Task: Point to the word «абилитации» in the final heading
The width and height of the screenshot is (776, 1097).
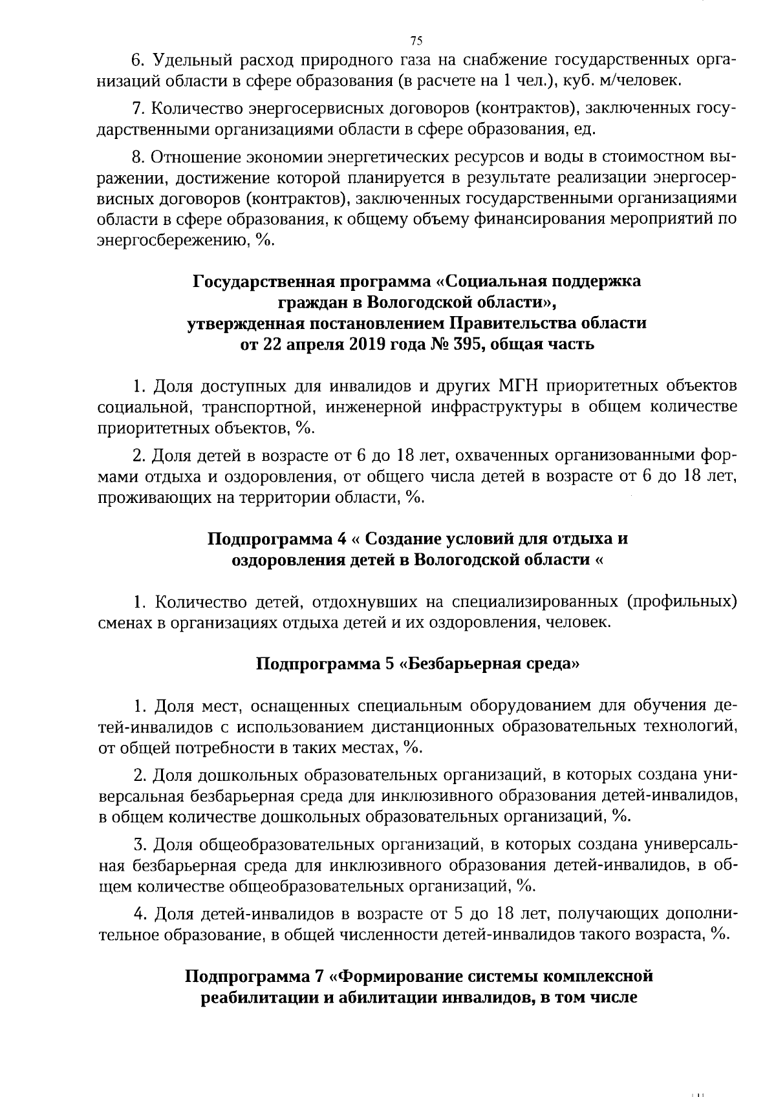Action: (x=380, y=997)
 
